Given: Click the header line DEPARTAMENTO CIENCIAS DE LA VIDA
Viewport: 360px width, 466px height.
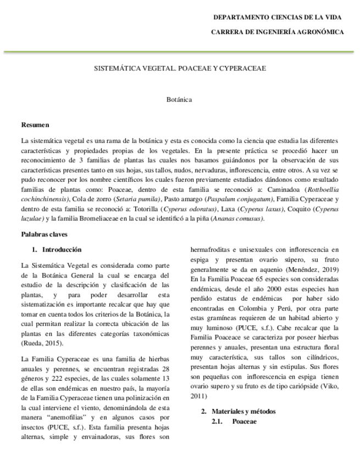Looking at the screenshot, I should [x=278, y=18].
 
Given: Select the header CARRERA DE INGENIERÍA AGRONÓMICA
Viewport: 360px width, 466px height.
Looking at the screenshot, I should [x=278, y=32].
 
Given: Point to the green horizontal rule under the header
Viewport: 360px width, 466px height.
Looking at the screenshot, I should [x=180, y=52].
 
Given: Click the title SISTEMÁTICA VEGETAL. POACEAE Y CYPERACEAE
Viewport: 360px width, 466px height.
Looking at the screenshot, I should [x=179, y=69].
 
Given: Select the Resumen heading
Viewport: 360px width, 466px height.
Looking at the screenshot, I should [x=35, y=125].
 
